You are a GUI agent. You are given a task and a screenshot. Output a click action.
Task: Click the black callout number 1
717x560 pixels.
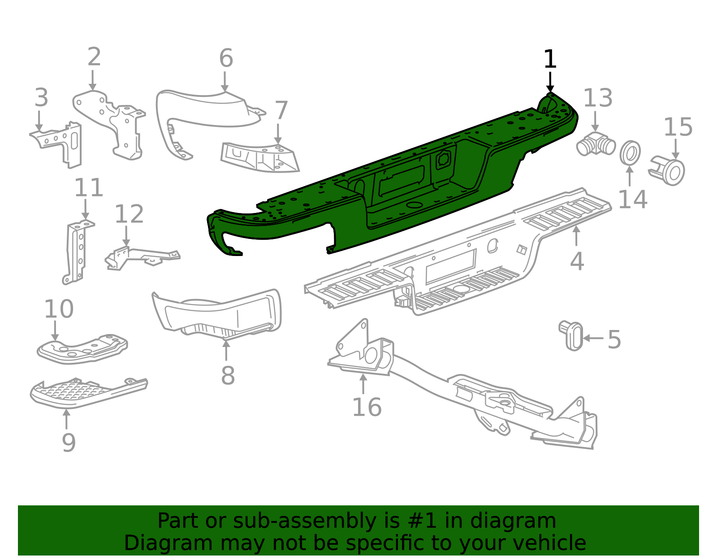[x=549, y=59]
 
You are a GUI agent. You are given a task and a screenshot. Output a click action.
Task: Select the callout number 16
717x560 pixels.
[x=367, y=408]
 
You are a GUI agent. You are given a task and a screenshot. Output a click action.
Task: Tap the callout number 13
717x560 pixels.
[x=598, y=98]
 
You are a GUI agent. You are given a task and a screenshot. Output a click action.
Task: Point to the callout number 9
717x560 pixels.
[x=69, y=443]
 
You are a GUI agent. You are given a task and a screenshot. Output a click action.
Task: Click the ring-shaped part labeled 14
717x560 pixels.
[x=630, y=153]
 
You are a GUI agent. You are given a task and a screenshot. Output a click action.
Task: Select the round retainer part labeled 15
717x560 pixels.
[x=669, y=171]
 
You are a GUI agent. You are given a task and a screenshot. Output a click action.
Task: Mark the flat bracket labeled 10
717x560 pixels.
[x=83, y=349]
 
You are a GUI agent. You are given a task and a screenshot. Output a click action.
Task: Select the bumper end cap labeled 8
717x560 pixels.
[x=220, y=314]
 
